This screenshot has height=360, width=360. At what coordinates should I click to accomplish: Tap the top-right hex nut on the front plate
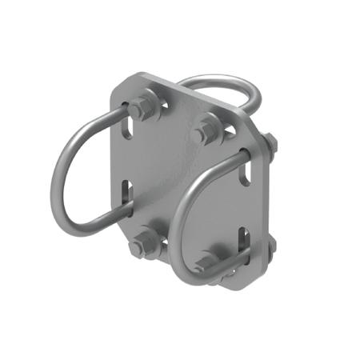(x=207, y=130)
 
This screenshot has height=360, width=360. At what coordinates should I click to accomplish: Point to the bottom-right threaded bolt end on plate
(x=210, y=264)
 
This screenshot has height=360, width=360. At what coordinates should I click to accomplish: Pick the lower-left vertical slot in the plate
(x=126, y=197)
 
